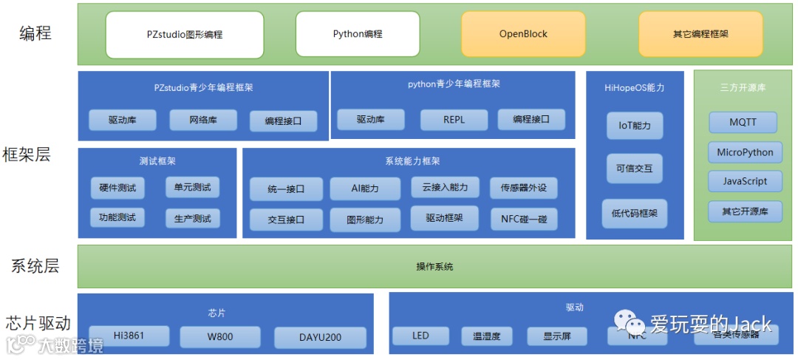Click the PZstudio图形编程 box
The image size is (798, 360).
tap(184, 35)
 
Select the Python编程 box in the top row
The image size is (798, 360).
tap(358, 35)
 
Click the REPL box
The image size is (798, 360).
tap(454, 120)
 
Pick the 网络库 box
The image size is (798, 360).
tap(203, 120)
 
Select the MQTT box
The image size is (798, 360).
tap(743, 123)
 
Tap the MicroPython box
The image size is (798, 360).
tap(745, 153)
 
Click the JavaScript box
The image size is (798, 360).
tap(745, 182)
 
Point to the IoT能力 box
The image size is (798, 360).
tap(635, 126)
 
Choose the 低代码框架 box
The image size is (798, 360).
tap(635, 214)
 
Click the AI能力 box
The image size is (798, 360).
tap(365, 189)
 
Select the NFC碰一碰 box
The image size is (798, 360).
tap(524, 220)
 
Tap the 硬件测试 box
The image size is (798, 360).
tap(118, 188)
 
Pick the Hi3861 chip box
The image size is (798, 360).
tap(129, 337)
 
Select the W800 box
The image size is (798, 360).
tap(219, 338)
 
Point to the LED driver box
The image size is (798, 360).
tap(420, 336)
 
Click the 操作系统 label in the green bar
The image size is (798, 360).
tap(434, 267)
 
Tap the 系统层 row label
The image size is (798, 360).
tap(35, 266)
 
